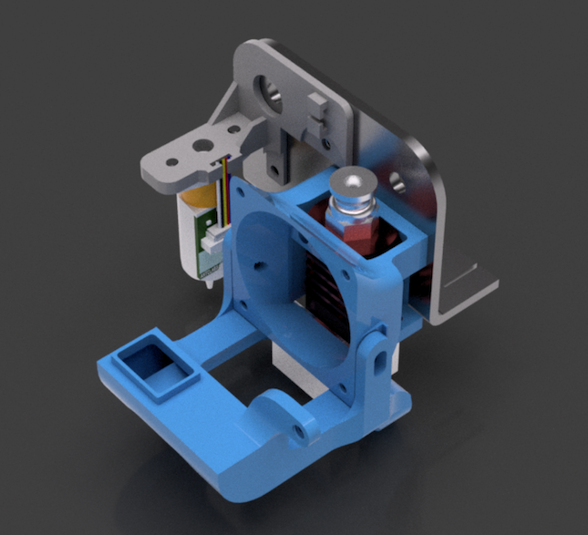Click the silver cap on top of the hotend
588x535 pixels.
(x=353, y=188)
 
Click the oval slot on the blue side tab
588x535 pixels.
(x=376, y=362)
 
